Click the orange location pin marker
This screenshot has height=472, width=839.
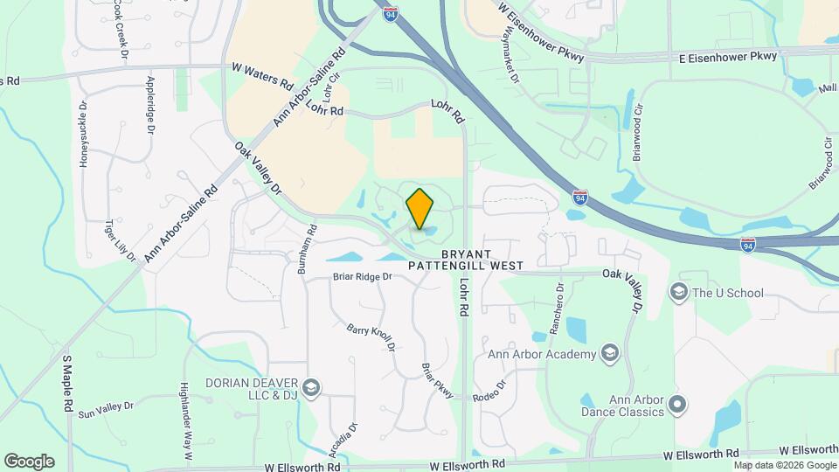tap(420, 209)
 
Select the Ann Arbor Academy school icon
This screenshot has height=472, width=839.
tap(610, 353)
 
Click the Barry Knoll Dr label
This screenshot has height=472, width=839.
tap(371, 338)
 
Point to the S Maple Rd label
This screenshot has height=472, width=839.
tap(67, 384)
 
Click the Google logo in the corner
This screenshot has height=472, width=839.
tap(29, 462)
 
